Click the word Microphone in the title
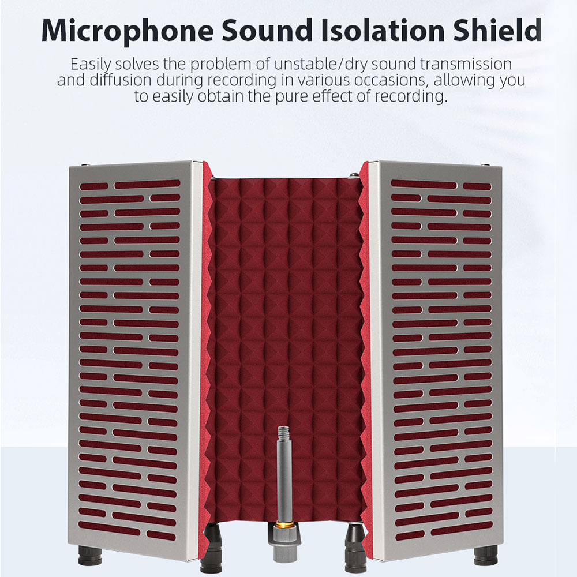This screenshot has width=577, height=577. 128,31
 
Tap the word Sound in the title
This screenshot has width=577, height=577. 267,30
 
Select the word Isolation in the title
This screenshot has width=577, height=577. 383,30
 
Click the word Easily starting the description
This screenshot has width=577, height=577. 91,65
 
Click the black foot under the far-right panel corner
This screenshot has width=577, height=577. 486,556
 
